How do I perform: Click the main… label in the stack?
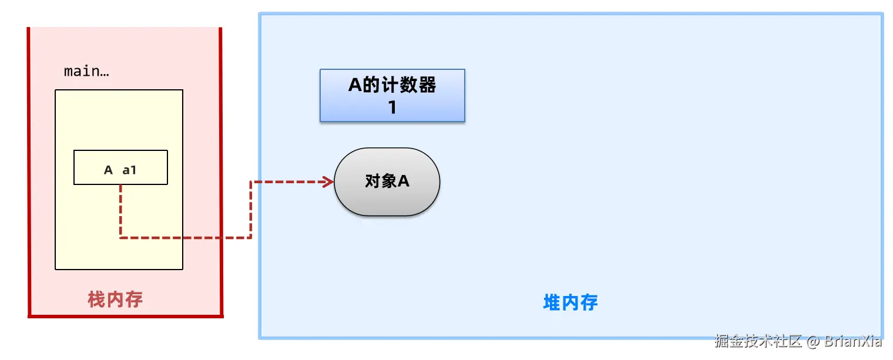point(86,72)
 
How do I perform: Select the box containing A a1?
point(120,167)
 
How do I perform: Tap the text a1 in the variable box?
point(129,170)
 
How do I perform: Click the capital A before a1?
point(108,170)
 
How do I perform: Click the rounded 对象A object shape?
point(387,181)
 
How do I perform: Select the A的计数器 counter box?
point(392,95)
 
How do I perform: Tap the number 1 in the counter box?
point(392,108)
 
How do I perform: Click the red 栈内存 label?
point(115,300)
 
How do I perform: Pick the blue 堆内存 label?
point(570,303)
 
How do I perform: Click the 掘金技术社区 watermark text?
point(758,341)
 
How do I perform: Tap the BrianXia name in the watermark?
point(853,341)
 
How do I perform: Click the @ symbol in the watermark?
point(813,341)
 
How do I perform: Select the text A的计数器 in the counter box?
point(392,86)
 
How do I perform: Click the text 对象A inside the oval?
point(387,181)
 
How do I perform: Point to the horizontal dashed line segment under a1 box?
point(185,238)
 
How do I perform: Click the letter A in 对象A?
point(403,181)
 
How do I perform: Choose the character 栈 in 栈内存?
point(96,300)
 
